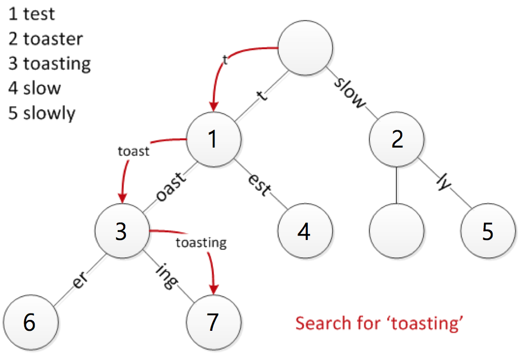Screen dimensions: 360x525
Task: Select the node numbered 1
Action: [x=213, y=139]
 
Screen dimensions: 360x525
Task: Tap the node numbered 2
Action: [x=396, y=139]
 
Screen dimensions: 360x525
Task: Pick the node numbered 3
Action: [x=122, y=231]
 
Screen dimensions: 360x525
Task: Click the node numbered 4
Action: [x=305, y=231]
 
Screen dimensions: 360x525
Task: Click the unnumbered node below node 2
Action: [x=396, y=231]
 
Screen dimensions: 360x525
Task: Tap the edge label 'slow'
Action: [x=351, y=94]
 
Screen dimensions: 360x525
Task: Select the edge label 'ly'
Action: [x=443, y=183]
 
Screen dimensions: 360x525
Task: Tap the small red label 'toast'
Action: [x=133, y=152]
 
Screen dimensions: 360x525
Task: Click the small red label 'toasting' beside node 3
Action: [x=201, y=243]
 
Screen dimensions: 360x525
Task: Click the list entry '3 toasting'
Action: [x=50, y=64]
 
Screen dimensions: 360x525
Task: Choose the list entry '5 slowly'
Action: [x=42, y=114]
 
